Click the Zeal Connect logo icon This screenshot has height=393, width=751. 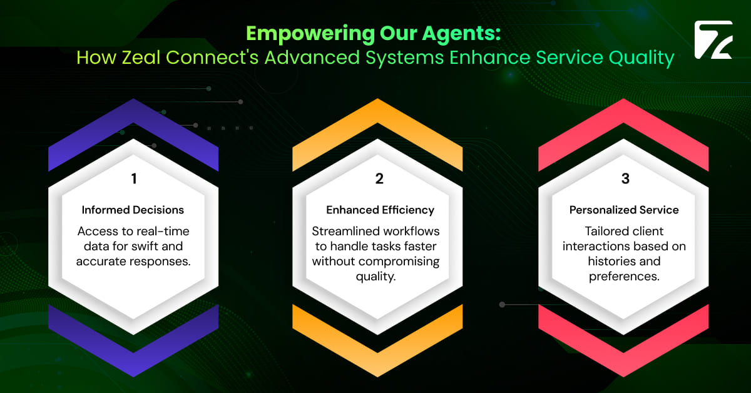click(x=713, y=40)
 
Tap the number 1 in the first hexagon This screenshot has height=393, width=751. click(x=133, y=179)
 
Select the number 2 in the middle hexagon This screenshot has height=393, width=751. click(x=379, y=179)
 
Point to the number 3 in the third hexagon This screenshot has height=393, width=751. click(x=625, y=179)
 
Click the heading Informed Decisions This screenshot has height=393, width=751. click(x=133, y=210)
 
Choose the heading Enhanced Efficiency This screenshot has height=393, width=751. click(x=380, y=210)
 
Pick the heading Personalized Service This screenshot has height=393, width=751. click(x=624, y=210)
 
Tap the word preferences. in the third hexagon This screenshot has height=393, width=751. click(x=624, y=276)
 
